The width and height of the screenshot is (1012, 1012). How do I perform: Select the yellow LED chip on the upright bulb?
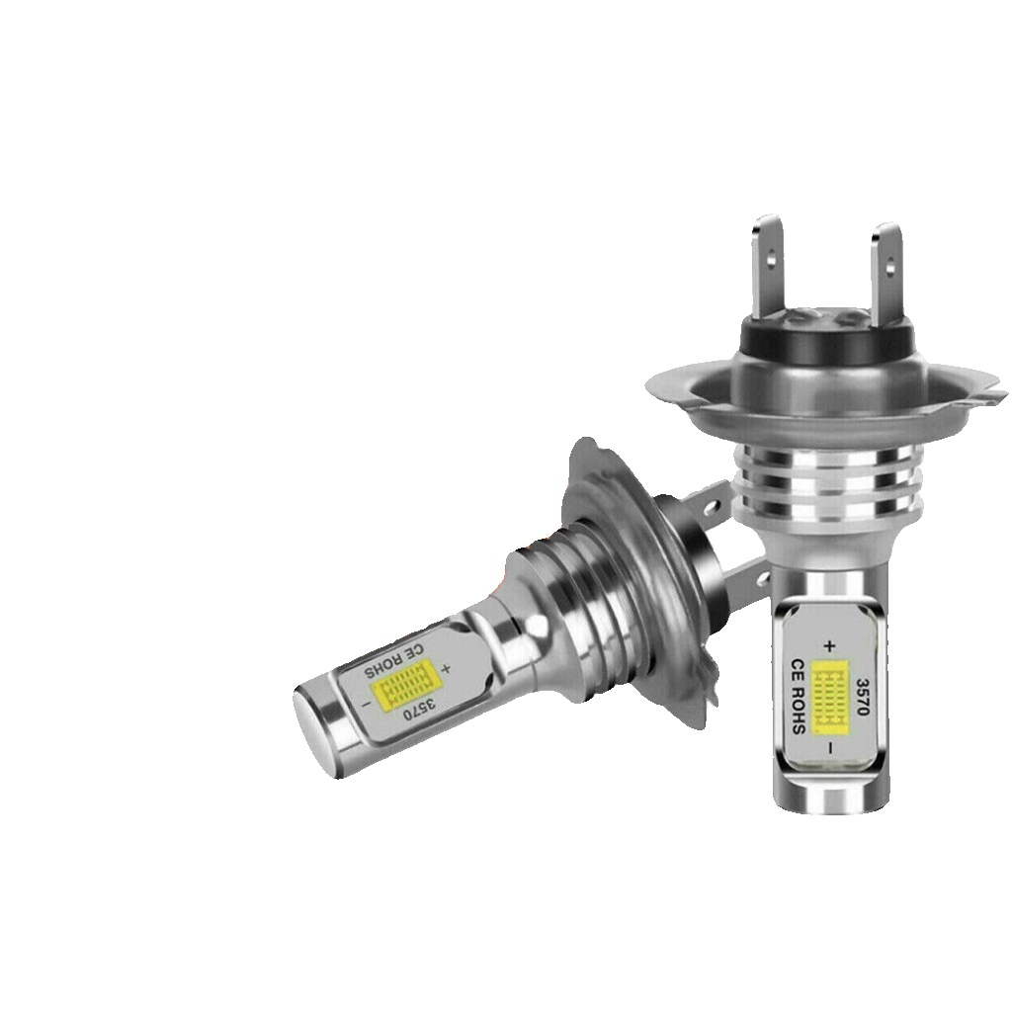pos(829,702)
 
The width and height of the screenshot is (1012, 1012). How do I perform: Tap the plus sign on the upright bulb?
pos(829,644)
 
